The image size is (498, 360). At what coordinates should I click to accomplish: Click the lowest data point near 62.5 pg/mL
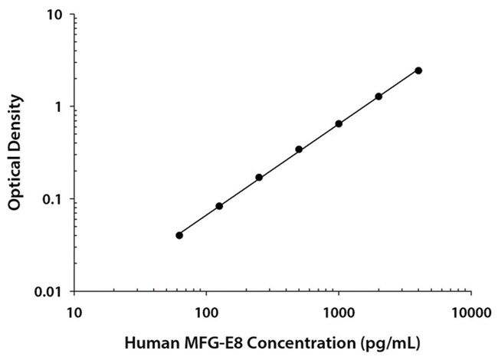(x=179, y=235)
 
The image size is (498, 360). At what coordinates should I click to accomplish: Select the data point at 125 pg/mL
(x=219, y=206)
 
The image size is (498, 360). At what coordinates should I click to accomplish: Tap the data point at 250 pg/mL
(x=259, y=178)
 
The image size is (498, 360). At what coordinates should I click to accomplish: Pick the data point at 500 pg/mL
(x=299, y=149)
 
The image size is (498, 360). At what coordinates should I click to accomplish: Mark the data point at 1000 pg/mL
(x=339, y=123)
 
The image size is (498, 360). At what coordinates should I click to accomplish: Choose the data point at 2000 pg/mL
(x=378, y=97)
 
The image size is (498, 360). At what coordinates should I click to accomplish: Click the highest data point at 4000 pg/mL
(x=418, y=70)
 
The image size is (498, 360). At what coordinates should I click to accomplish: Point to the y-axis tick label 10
(x=55, y=15)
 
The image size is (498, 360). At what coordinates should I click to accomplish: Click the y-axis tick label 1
(x=59, y=107)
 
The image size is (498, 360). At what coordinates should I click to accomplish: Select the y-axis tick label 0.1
(x=54, y=200)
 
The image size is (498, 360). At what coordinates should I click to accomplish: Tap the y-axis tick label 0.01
(x=50, y=292)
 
